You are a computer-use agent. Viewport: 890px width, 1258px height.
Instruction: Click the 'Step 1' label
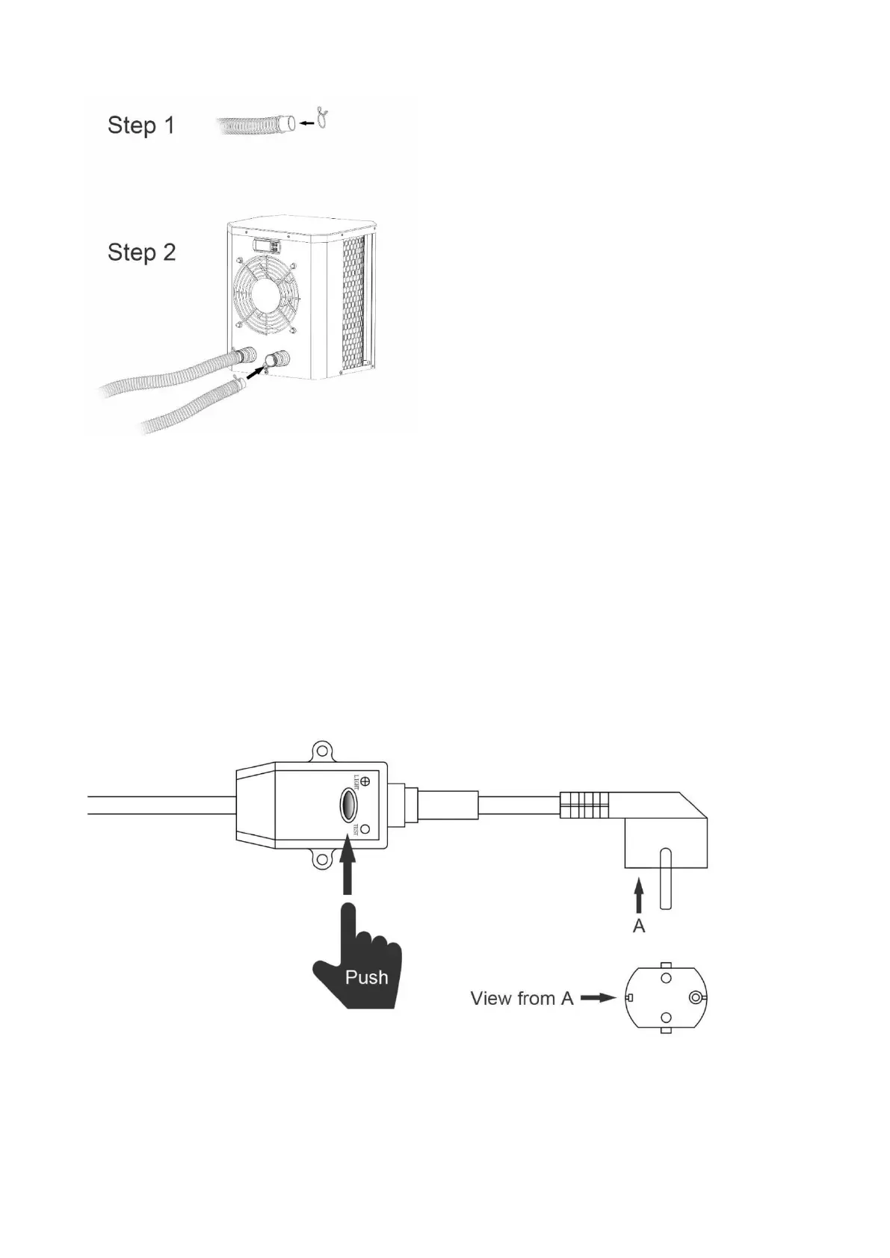[x=140, y=125]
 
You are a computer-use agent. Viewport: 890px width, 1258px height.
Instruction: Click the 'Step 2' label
[x=141, y=252]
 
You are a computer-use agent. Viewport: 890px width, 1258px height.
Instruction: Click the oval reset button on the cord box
[x=348, y=805]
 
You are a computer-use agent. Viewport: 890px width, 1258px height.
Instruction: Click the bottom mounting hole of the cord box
[x=322, y=860]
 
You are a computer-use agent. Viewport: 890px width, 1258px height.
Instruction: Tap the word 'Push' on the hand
[x=366, y=977]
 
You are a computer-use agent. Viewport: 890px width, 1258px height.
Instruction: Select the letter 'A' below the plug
[x=639, y=926]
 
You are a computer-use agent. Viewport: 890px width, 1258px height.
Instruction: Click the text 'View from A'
[x=521, y=998]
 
